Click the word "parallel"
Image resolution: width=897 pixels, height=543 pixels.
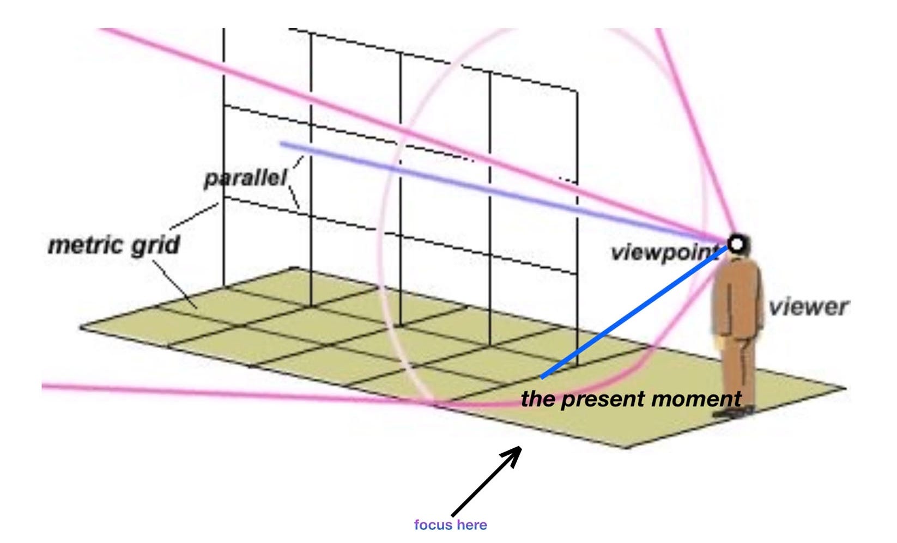245,178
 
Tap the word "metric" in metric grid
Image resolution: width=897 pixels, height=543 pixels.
84,246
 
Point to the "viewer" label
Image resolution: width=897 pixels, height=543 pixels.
808,307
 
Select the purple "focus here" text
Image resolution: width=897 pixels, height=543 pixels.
450,525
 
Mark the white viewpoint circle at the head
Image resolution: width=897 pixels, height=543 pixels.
736,243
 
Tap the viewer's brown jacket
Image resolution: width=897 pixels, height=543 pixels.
737,297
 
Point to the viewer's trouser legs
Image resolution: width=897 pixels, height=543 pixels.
738,370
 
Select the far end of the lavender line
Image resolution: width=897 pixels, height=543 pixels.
282,144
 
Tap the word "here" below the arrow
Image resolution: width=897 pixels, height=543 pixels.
472,525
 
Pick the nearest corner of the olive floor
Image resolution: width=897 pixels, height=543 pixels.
627,448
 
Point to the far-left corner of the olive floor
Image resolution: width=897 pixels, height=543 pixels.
81,327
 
